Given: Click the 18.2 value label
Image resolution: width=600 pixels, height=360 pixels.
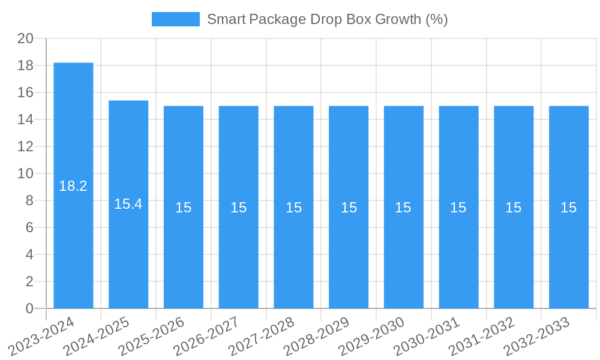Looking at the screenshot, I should [73, 186].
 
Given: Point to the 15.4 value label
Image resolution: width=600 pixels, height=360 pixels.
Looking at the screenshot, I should [128, 204].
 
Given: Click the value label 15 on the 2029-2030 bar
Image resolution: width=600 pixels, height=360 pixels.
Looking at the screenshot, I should [403, 208].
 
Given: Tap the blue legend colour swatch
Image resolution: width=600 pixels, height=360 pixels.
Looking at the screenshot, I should [175, 19].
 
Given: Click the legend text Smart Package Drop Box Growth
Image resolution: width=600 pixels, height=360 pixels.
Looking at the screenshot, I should [327, 19].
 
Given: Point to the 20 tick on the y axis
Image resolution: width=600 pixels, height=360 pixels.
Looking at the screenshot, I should [25, 38].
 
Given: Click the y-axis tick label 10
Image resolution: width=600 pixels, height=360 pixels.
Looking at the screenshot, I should [25, 173].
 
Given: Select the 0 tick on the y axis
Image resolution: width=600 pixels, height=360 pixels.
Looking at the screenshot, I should [29, 308].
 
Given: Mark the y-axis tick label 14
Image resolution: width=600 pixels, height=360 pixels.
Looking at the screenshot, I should [25, 119].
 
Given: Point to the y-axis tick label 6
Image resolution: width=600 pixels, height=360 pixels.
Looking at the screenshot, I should [29, 227].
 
